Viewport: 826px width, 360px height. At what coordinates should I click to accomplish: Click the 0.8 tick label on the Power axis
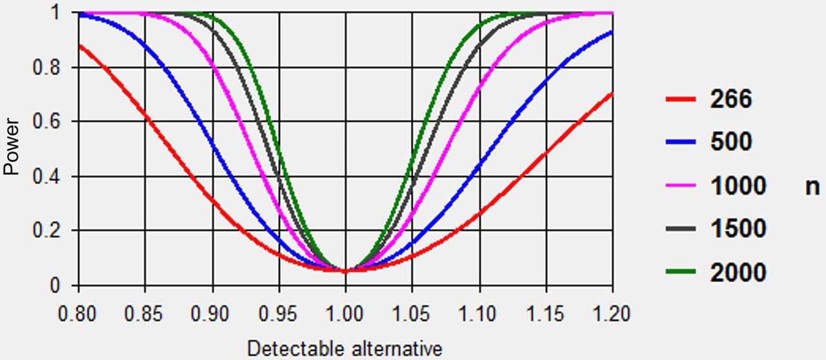pos(46,68)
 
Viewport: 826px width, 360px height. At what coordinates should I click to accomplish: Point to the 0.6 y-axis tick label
pos(46,121)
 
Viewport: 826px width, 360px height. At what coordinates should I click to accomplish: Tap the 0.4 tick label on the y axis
pos(46,176)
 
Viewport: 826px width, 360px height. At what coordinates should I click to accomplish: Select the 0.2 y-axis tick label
pos(46,230)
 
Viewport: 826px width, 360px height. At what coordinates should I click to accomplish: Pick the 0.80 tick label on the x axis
pos(77,314)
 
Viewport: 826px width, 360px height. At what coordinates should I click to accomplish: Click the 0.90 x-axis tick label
pos(210,314)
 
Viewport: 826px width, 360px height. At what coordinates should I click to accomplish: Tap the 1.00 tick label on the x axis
pos(345,314)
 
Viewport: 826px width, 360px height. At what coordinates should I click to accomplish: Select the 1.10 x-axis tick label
pos(478,314)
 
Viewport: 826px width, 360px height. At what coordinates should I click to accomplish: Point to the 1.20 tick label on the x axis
pos(611,314)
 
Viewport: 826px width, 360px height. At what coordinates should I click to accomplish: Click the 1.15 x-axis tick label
pos(545,314)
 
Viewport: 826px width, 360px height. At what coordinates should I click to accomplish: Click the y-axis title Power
pos(11,147)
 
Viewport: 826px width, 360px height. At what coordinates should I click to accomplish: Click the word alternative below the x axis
pos(397,348)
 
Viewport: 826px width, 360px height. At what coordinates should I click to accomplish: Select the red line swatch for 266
pos(681,99)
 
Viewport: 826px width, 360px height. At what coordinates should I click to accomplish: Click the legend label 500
pos(731,142)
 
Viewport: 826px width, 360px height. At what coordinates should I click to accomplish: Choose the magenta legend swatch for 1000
pos(681,185)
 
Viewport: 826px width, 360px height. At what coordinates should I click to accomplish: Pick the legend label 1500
pos(738,228)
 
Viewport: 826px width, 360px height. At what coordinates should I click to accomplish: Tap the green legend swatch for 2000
pos(681,272)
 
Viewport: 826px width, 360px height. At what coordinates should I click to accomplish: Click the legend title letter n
pos(812,187)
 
